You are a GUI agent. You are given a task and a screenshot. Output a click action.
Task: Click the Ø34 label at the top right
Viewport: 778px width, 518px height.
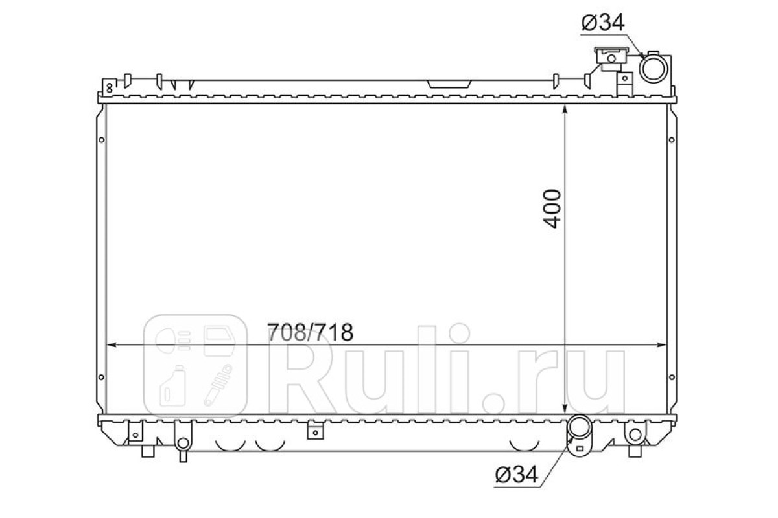coord(602,23)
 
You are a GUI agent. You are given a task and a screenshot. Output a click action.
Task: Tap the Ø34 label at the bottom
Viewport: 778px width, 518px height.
coord(517,474)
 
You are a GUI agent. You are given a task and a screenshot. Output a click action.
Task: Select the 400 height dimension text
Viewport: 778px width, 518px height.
coord(552,208)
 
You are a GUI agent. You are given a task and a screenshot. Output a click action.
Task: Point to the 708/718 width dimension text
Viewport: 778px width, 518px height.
coord(310,332)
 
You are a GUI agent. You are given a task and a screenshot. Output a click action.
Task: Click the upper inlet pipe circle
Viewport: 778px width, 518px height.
coord(654,69)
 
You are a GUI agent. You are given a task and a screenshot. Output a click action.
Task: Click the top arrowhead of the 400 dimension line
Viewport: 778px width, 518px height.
coord(565,109)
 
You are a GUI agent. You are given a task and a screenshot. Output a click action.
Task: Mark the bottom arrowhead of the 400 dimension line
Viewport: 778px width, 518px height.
coord(565,409)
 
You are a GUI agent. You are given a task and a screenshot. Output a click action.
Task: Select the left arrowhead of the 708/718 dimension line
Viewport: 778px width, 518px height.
coord(111,345)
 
